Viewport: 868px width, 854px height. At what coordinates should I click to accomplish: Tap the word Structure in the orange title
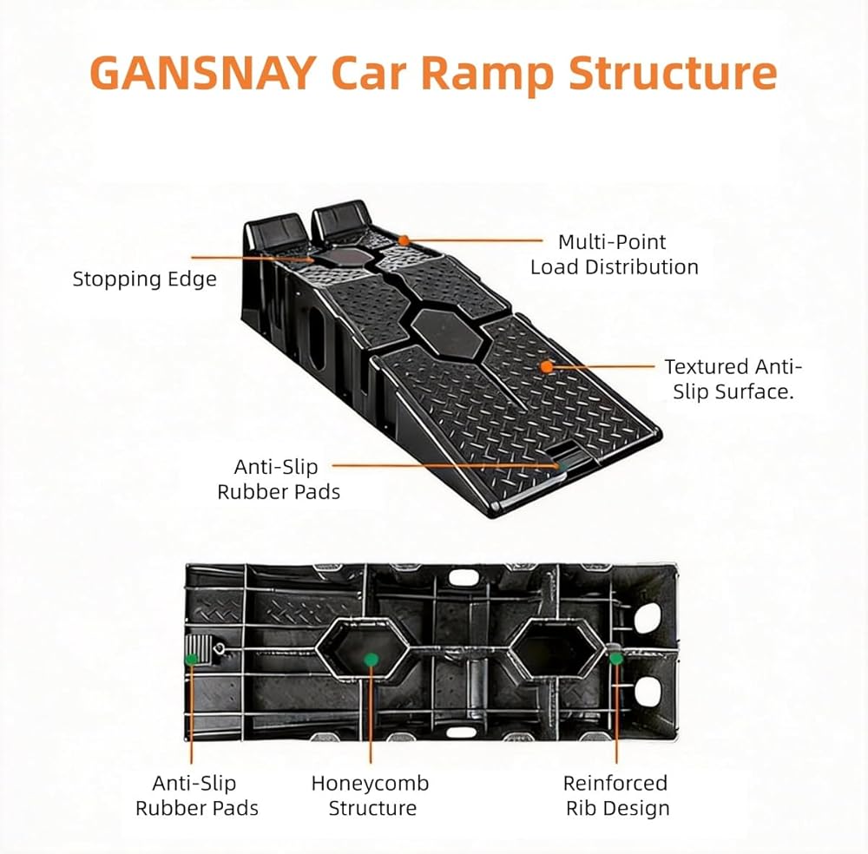tap(673, 74)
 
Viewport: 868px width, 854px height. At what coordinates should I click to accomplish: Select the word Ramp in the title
tap(487, 74)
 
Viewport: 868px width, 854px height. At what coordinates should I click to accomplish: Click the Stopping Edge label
tap(144, 279)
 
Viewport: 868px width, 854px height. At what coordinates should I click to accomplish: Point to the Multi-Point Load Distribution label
tap(614, 254)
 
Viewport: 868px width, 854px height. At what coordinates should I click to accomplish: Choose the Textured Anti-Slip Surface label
tap(733, 379)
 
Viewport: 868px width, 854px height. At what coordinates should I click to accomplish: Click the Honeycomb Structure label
tap(370, 796)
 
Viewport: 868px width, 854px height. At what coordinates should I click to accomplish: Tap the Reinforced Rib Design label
tap(616, 796)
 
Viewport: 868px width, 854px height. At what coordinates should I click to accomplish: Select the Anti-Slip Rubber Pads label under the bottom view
tap(196, 796)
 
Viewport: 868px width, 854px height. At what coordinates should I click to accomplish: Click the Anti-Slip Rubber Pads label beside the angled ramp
tap(279, 479)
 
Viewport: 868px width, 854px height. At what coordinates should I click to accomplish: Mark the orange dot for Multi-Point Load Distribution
tap(403, 240)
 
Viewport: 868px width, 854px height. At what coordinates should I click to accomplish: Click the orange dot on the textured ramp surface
tap(546, 366)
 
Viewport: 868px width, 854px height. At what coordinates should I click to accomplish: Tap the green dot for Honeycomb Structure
tap(371, 660)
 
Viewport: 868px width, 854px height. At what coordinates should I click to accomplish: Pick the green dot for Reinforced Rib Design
tap(616, 658)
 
